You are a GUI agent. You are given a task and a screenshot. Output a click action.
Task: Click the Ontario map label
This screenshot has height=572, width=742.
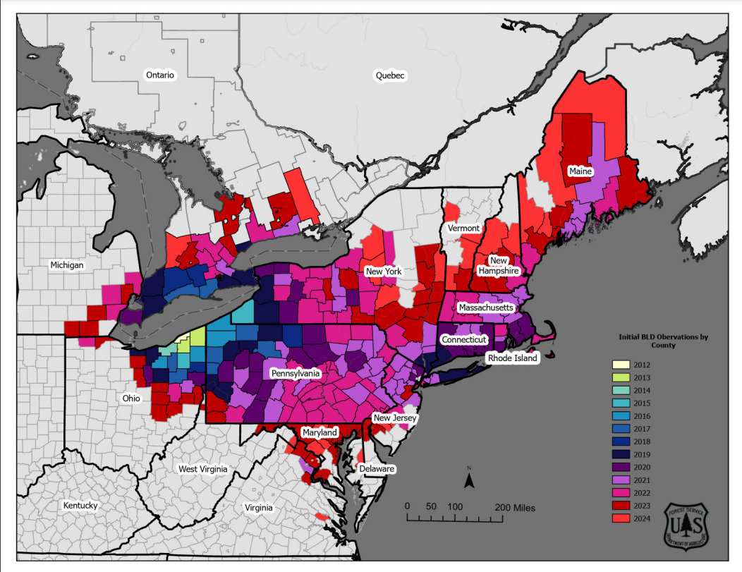(x=159, y=75)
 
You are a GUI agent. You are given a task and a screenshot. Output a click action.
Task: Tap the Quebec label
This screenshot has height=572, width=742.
(x=391, y=75)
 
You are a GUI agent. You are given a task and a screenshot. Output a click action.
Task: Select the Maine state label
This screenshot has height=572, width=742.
(x=580, y=171)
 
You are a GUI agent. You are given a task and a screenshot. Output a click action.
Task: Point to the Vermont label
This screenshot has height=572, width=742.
(x=463, y=229)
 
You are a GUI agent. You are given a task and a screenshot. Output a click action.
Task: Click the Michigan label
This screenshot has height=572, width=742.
(x=67, y=265)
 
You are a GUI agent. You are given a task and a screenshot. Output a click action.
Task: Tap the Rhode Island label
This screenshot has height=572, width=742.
(x=513, y=358)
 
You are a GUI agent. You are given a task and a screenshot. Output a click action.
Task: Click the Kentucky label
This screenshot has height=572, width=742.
(x=80, y=506)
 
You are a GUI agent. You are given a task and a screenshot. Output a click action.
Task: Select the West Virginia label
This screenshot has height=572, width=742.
(x=202, y=469)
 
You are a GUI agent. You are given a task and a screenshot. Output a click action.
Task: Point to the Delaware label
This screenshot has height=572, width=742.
(x=376, y=469)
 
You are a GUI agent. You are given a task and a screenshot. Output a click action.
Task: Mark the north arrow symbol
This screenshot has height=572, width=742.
(x=468, y=480)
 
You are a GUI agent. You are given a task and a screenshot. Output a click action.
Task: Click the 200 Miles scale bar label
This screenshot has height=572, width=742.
(x=514, y=507)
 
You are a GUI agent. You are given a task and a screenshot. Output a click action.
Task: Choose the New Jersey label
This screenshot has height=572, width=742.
(x=395, y=418)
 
